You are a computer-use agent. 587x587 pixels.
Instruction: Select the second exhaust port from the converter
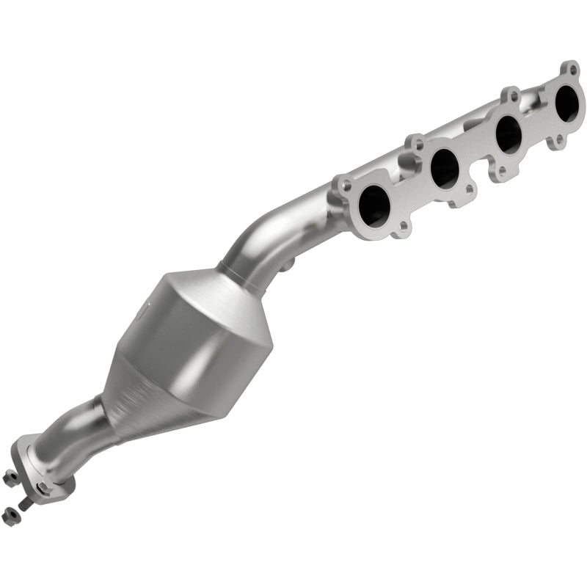tap(445, 167)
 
